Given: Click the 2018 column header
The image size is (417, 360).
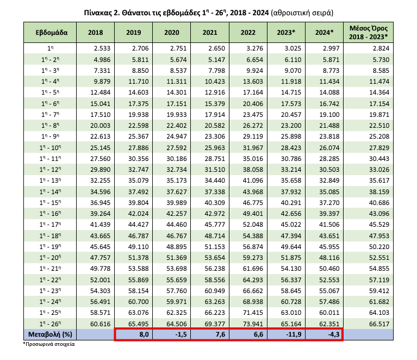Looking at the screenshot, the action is pyautogui.click(x=95, y=33).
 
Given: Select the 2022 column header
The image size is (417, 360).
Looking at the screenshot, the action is pyautogui.click(x=248, y=33).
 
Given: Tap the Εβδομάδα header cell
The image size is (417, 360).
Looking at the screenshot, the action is pyautogui.click(x=52, y=33).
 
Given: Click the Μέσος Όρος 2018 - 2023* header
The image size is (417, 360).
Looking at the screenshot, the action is pyautogui.click(x=368, y=33).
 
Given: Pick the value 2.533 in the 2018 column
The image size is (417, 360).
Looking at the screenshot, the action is pyautogui.click(x=102, y=48).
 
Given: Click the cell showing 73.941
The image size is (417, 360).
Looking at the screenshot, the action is pyautogui.click(x=253, y=324).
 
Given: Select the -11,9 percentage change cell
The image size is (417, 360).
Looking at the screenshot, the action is pyautogui.click(x=294, y=334).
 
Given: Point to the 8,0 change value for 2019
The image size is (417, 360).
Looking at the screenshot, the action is pyautogui.click(x=144, y=334).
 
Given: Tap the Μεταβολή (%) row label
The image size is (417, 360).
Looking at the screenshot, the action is pyautogui.click(x=50, y=334).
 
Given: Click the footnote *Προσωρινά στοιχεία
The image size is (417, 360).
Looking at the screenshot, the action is pyautogui.click(x=49, y=344).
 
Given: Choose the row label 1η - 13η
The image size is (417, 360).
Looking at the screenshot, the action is pyautogui.click(x=50, y=181).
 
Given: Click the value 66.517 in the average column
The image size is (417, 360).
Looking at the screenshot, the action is pyautogui.click(x=379, y=324).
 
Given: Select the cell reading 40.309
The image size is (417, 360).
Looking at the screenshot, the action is pyautogui.click(x=215, y=202).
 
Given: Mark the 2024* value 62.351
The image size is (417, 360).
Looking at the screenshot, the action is pyautogui.click(x=329, y=324).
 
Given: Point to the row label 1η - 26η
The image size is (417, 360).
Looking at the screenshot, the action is pyautogui.click(x=50, y=324).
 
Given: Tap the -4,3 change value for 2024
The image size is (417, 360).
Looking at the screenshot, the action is pyautogui.click(x=333, y=334).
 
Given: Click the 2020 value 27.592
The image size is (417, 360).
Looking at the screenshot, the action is pyautogui.click(x=177, y=148).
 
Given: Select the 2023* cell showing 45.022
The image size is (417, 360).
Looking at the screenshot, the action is pyautogui.click(x=291, y=225).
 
